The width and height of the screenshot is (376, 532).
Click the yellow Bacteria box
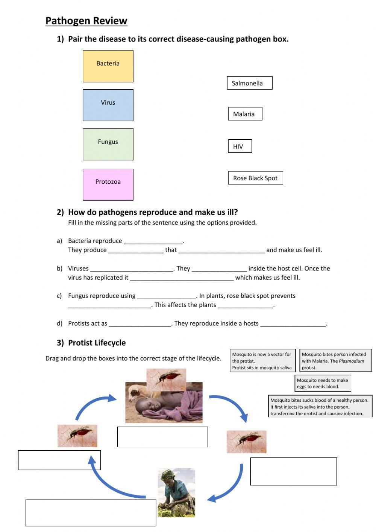point(108,66)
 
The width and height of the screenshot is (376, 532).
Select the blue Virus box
point(108,105)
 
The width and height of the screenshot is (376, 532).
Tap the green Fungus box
point(108,144)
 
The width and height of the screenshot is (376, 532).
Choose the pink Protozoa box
point(108,184)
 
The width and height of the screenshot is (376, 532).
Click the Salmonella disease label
point(249,83)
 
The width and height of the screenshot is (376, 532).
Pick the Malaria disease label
point(245,114)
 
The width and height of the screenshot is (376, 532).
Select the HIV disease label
point(240,146)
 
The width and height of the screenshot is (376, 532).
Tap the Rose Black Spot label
point(255,178)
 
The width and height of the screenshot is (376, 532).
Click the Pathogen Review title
point(86,21)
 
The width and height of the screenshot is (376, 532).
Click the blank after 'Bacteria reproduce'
point(153,241)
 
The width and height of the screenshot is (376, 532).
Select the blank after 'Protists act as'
point(140,324)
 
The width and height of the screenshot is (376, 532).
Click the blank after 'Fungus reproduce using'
point(166,296)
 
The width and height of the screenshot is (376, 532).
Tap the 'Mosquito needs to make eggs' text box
point(323,383)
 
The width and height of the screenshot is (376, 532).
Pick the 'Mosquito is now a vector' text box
point(262,361)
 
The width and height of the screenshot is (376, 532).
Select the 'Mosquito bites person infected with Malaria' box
point(335,361)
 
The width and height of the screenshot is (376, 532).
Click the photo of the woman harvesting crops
point(176,492)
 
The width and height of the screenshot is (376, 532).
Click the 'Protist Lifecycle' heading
point(97,343)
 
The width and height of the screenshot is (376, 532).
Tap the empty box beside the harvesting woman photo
point(91,512)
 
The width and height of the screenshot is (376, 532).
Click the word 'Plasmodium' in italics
point(351,361)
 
